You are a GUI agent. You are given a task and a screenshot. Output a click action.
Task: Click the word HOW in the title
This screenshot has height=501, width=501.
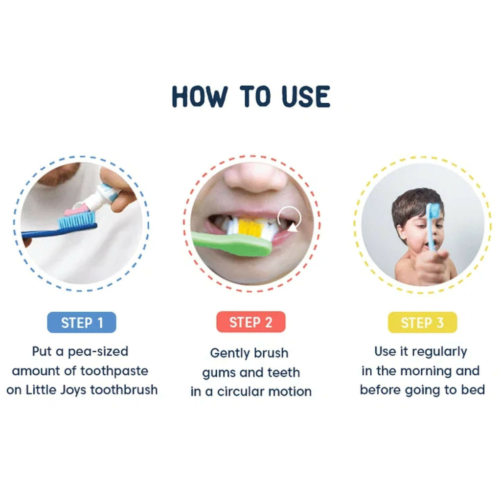tap(200, 96)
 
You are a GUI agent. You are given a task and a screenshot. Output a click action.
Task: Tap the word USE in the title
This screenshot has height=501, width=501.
tap(306, 96)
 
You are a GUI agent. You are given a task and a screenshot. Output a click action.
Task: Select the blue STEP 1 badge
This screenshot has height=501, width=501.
tap(82, 323)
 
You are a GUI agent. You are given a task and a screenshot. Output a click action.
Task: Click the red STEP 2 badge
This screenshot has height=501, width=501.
tap(250, 323)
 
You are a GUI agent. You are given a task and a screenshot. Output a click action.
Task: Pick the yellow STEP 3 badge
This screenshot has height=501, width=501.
tap(422, 323)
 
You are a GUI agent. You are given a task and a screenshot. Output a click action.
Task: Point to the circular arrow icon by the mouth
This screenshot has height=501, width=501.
tap(289, 219)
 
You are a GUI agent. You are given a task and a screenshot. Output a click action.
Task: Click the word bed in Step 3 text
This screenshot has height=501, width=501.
tap(473, 390)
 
